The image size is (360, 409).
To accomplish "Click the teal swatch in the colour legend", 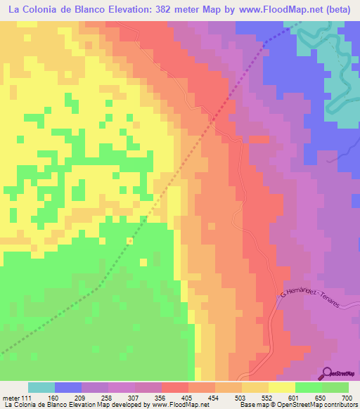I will pyautogui.click(x=41, y=387).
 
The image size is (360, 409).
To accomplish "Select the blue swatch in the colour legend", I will pyautogui.click(x=68, y=387).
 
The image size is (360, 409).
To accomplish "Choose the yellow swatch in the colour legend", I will pyautogui.click(x=282, y=387).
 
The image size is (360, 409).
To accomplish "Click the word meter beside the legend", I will pyautogui.click(x=12, y=397).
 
